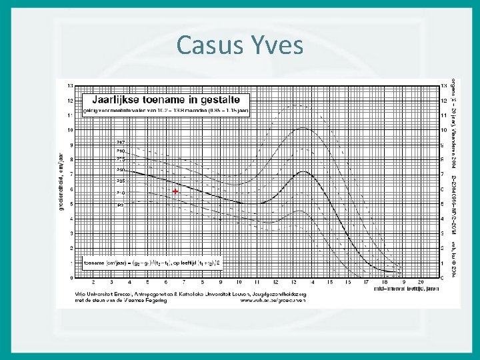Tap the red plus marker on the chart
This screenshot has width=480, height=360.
[x=175, y=191]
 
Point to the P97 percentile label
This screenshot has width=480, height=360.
[x=121, y=143]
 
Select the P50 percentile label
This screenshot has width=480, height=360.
[x=121, y=169]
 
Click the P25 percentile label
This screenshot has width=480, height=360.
[x=121, y=181]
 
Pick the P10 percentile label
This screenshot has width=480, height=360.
[x=121, y=193]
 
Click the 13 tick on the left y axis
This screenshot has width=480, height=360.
[x=70, y=85]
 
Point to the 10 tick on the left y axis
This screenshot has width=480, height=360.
[x=70, y=129]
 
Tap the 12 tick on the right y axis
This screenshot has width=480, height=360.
[x=444, y=100]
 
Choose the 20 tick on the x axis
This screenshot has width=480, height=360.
[x=421, y=283]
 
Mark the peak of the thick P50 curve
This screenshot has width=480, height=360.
[x=303, y=172]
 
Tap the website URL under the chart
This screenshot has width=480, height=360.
[x=273, y=299]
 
